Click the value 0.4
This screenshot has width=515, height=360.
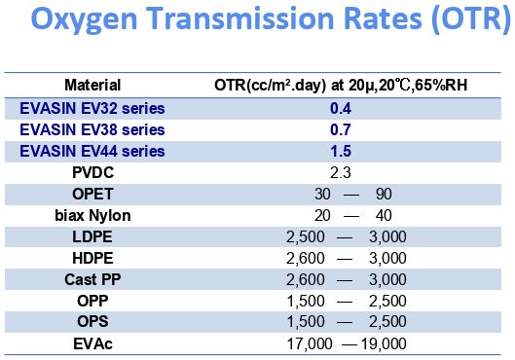pos(340,107)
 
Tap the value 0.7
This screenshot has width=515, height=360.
pos(340,128)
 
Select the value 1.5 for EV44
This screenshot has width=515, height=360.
pos(340,150)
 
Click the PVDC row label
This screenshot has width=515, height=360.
pos(92,171)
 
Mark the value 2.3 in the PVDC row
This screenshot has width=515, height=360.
pos(340,172)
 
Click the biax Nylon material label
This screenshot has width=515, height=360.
pos(92,215)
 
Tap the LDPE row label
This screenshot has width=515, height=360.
pos(92,236)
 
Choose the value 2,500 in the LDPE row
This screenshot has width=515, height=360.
pos(305,236)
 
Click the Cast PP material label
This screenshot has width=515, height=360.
pos(92,279)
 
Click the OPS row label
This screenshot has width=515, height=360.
pos(92,322)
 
